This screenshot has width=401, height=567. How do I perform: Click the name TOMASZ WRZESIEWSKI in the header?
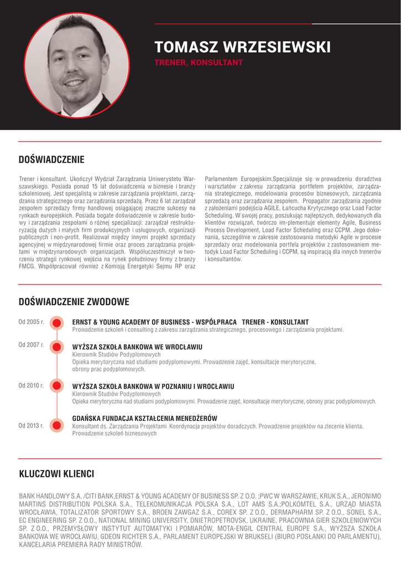click(242, 47)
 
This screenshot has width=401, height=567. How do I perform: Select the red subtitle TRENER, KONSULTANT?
click(199, 63)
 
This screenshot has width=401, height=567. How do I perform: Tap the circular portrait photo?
click(76, 64)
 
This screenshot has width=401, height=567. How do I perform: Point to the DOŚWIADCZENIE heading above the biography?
click(51, 160)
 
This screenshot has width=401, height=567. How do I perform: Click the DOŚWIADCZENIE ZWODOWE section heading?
click(74, 302)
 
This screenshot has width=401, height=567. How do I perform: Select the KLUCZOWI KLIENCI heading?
click(56, 474)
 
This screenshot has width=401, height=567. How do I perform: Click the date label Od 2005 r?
click(31, 322)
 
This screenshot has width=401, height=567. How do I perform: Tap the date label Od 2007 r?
click(31, 345)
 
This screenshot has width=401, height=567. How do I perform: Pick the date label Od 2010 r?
click(31, 385)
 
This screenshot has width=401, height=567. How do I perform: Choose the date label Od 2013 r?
click(31, 425)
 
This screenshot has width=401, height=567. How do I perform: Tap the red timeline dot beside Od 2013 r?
click(56, 425)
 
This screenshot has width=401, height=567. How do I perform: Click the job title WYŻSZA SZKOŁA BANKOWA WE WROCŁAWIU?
click(137, 347)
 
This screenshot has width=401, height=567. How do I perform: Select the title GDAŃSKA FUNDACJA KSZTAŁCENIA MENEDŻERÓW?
click(144, 418)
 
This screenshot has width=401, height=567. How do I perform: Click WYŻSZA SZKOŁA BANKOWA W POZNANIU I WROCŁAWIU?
click(153, 386)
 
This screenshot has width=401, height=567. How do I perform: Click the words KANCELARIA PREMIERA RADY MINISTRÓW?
click(81, 545)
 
